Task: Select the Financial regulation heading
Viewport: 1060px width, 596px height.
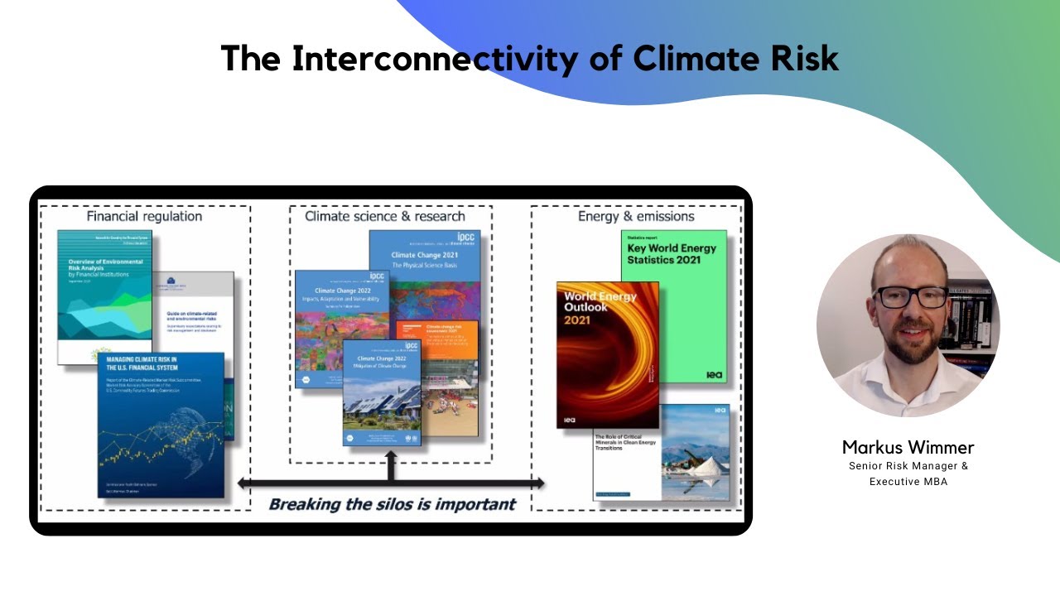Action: [144, 216]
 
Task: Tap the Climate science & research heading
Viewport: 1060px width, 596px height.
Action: [385, 216]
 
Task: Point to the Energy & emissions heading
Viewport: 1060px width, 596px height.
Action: [635, 216]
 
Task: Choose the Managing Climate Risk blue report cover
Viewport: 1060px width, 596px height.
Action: [161, 426]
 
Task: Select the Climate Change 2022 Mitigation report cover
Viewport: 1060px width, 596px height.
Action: [382, 393]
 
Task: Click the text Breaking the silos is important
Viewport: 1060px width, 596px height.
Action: [392, 504]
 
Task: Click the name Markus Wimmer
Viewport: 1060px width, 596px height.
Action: [908, 448]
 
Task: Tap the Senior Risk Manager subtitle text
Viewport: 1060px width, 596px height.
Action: [908, 466]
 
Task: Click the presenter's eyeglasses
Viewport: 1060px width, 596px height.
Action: [911, 296]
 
